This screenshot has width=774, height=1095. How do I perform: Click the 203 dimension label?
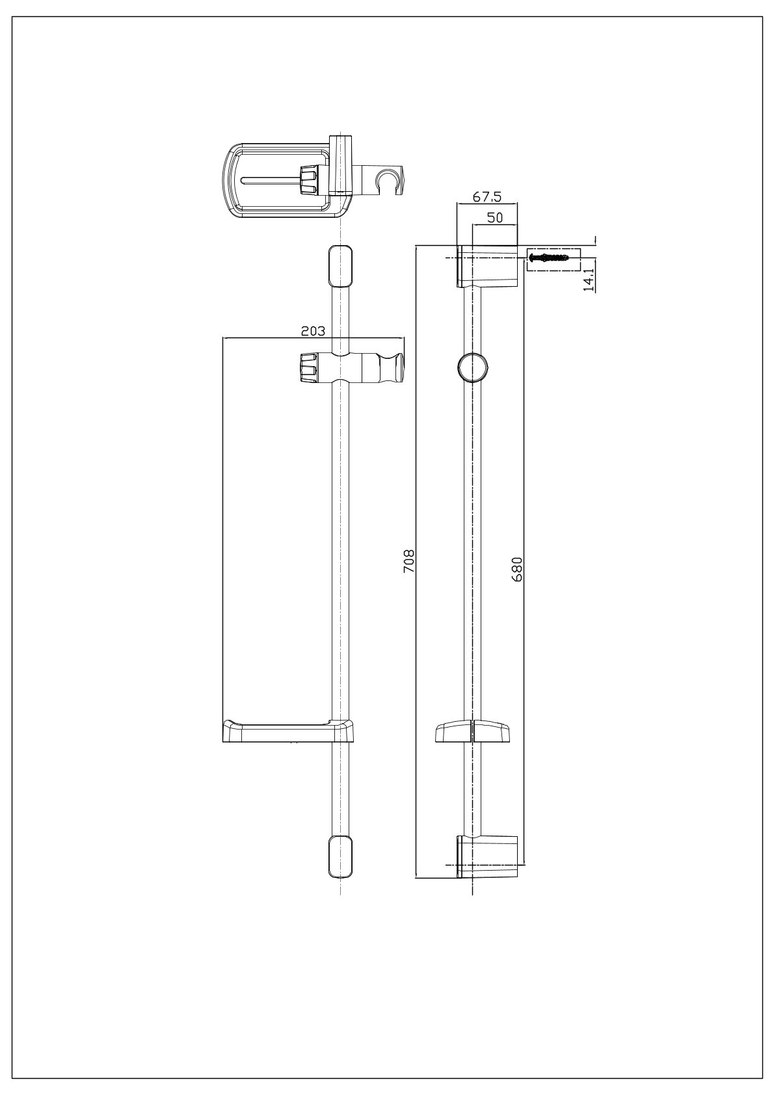(x=313, y=331)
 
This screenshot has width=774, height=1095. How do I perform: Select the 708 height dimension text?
(x=408, y=561)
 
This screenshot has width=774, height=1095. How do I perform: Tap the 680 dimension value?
(x=517, y=569)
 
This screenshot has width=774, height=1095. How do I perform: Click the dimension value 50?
(x=495, y=218)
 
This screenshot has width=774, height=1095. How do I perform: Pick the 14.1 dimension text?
(x=590, y=279)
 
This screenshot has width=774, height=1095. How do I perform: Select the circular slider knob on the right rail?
(x=473, y=366)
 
